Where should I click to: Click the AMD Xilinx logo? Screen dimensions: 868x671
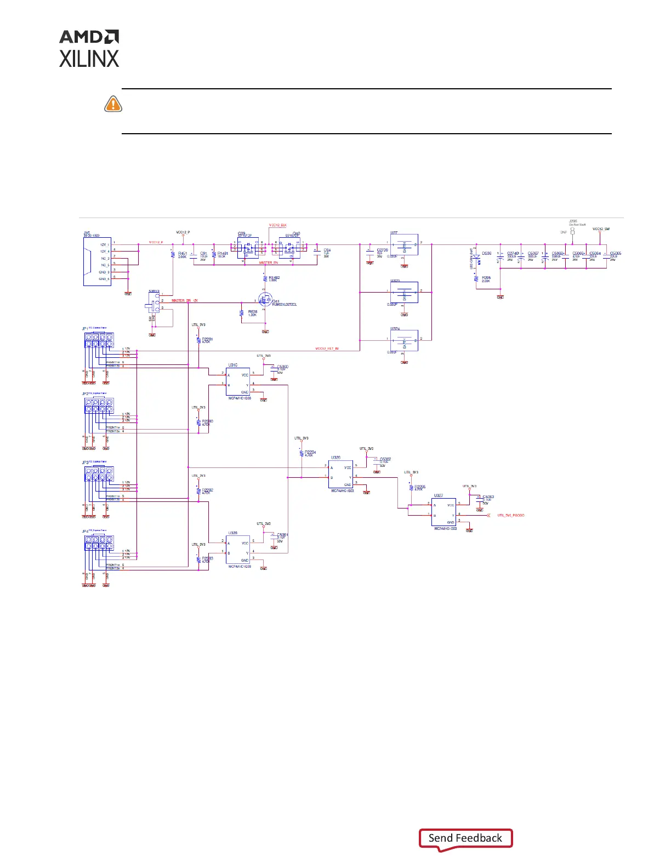(x=89, y=49)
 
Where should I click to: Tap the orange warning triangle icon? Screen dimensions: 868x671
(x=113, y=104)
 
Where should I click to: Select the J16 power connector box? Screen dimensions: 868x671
(x=97, y=261)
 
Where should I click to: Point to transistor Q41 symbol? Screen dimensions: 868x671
(x=265, y=300)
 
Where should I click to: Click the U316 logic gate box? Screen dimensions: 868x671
(x=238, y=382)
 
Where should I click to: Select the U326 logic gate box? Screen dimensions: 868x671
(x=340, y=475)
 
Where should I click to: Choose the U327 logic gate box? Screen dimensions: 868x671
(x=443, y=512)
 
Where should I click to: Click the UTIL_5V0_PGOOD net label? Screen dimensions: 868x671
(x=510, y=515)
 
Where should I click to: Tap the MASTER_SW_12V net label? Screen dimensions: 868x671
(x=184, y=300)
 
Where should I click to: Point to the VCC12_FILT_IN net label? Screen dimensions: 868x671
(x=327, y=349)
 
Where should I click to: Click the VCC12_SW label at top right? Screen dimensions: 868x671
(x=601, y=229)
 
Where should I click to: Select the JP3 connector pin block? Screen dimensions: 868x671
(x=99, y=473)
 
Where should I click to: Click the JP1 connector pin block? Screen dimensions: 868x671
(x=99, y=340)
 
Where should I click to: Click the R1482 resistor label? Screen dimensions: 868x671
(x=274, y=278)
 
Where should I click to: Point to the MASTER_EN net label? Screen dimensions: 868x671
(x=269, y=262)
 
